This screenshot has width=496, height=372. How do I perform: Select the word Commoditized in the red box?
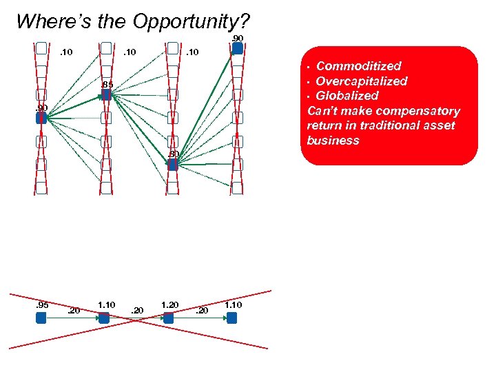coord(358,66)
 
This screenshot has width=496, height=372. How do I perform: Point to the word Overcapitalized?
coord(362,81)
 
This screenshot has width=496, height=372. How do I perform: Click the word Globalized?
coord(347,96)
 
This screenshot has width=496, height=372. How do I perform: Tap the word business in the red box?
coord(333,141)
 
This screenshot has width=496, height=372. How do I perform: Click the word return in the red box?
coord(324,125)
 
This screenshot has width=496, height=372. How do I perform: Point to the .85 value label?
coord(107,85)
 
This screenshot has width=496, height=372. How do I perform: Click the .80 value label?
coord(173,154)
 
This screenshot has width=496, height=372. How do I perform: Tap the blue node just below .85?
coord(106,95)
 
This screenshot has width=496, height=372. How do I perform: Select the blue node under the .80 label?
coord(173,165)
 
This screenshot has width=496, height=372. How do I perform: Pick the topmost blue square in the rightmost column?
coord(238,48)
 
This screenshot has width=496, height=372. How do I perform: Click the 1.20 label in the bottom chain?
coord(169,304)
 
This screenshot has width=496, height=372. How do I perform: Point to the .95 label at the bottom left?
coord(41,304)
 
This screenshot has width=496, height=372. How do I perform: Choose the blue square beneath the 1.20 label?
coord(168,318)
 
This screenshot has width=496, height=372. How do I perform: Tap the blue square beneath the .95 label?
coord(41,318)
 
